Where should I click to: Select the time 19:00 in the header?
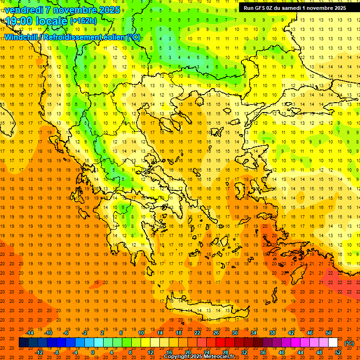click(x=19, y=21)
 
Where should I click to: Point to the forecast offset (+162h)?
click(x=83, y=21)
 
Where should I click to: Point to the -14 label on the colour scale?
click(x=30, y=333)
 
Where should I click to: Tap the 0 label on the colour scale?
click(x=93, y=352)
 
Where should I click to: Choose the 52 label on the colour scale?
click(x=338, y=352)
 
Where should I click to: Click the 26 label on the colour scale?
click(x=216, y=333)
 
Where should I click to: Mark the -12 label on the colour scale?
click(x=39, y=352)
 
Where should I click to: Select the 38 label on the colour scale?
click(x=272, y=333)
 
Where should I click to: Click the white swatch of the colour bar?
click(x=333, y=343)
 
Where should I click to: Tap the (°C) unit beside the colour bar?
click(x=349, y=343)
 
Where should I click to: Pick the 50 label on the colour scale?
click(x=329, y=333)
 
